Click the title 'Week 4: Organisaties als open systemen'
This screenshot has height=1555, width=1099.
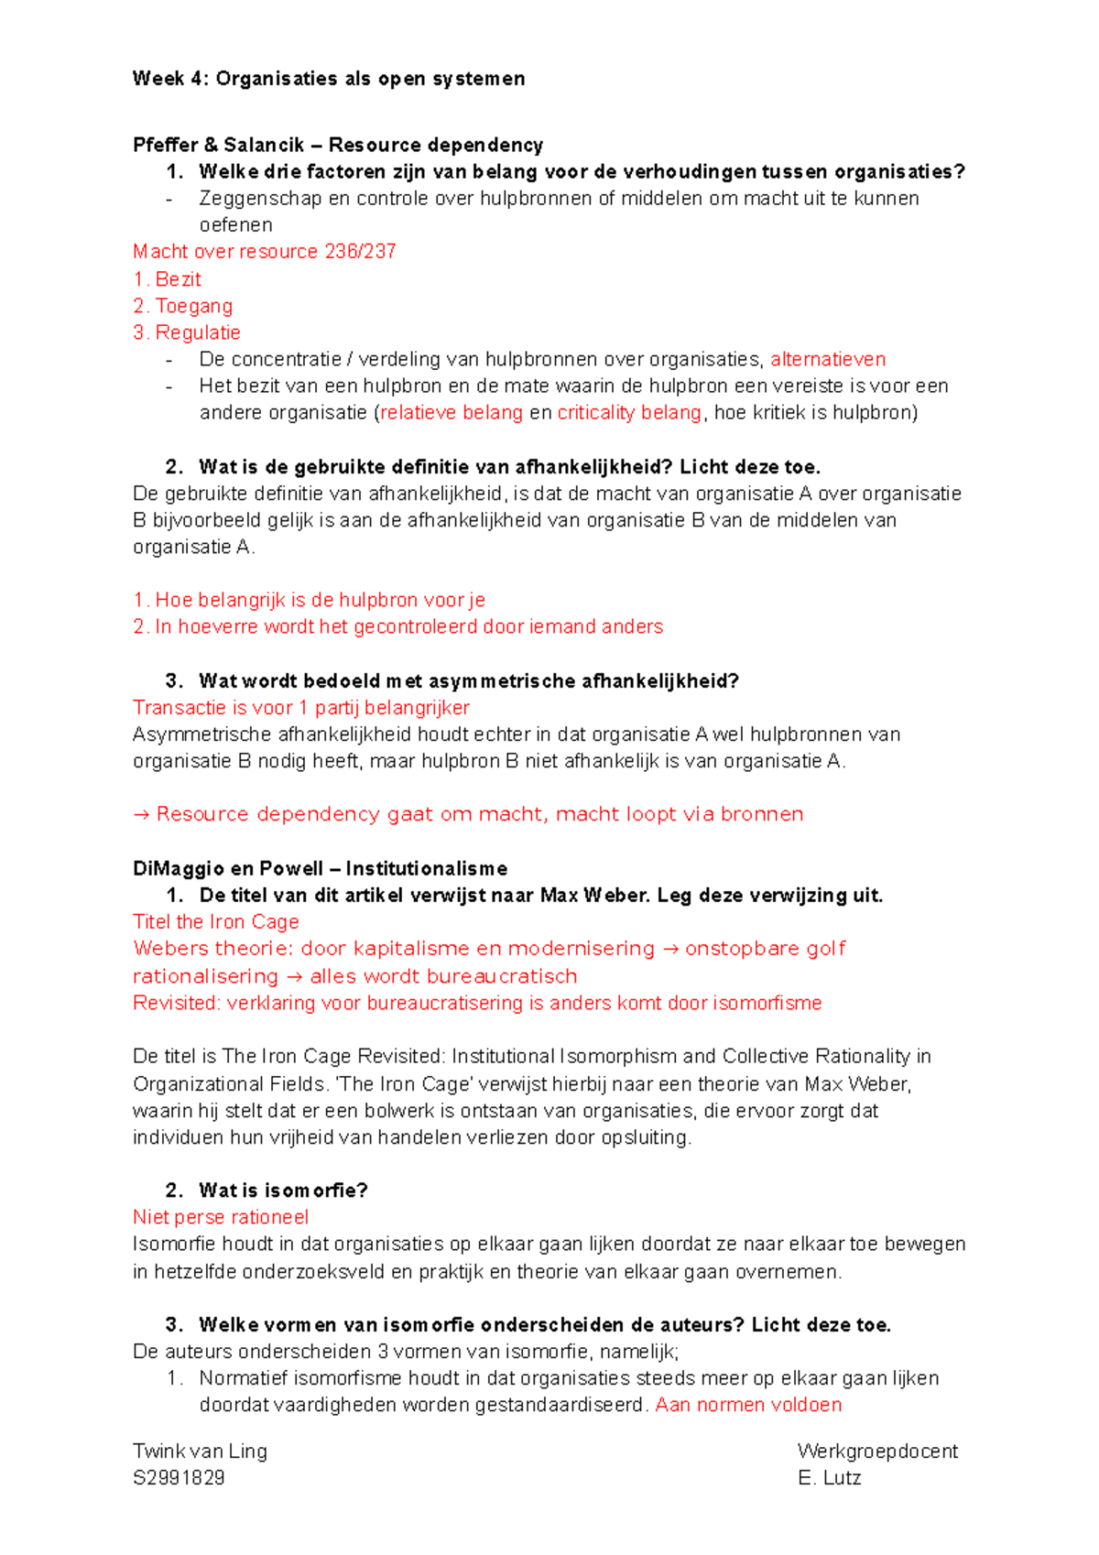point(329,79)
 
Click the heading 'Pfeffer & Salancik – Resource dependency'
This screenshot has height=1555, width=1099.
point(338,145)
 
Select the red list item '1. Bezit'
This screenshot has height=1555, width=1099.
point(167,279)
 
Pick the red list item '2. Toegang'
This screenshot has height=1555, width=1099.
point(183,306)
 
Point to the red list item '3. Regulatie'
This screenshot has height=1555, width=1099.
point(187,332)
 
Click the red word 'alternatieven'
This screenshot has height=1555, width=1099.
point(828,359)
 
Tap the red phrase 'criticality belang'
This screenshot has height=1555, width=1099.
point(629,413)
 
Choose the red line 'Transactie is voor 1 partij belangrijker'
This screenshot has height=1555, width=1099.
point(301,708)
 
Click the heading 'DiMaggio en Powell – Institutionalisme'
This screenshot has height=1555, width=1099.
point(320,868)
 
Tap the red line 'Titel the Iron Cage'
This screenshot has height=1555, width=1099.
point(216,922)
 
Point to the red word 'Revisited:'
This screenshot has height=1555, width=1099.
point(177,1004)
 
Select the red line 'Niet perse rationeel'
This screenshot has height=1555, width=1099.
point(221,1218)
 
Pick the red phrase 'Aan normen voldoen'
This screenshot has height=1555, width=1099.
point(748,1405)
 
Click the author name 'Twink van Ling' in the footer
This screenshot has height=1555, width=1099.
point(200,1452)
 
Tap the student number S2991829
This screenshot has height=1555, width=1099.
point(179,1478)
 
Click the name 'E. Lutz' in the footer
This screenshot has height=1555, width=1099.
point(830,1478)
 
